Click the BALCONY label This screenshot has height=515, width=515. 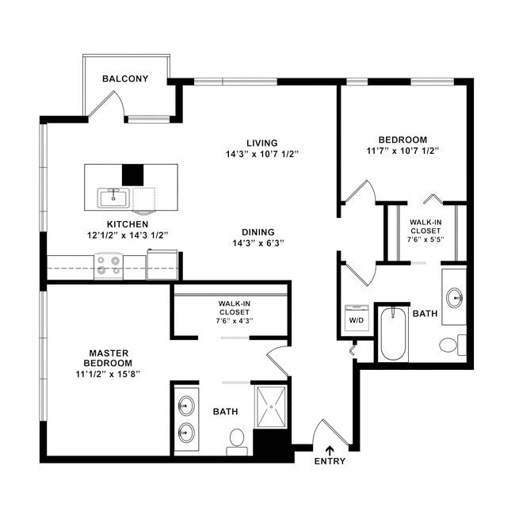(x=125, y=78)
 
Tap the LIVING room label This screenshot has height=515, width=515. (x=261, y=143)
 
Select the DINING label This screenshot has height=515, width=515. (x=261, y=232)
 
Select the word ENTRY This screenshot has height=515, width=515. (x=330, y=462)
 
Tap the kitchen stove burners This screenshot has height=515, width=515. (x=109, y=265)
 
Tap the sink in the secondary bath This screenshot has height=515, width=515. (x=454, y=297)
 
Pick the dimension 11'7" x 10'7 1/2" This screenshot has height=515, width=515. (x=402, y=150)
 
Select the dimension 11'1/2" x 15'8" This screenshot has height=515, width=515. (x=110, y=373)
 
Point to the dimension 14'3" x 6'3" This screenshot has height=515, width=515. (x=261, y=243)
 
